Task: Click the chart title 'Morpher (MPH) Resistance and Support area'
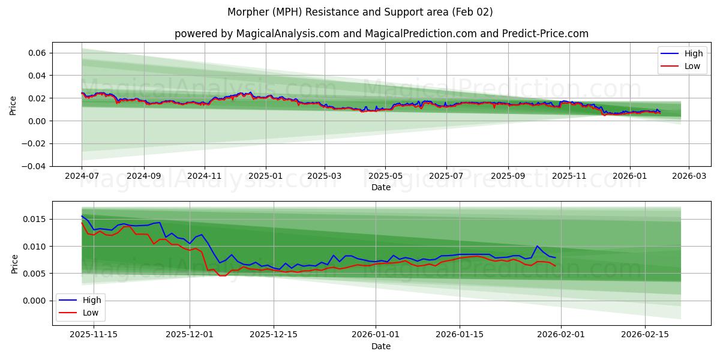tap(360, 12)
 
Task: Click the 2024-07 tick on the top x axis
tap(82, 177)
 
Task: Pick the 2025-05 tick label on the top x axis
tap(385, 177)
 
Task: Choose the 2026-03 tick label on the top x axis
tap(688, 177)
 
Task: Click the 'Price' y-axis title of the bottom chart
tap(15, 263)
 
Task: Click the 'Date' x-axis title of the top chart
tap(381, 187)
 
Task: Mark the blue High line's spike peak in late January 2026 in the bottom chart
tap(537, 246)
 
